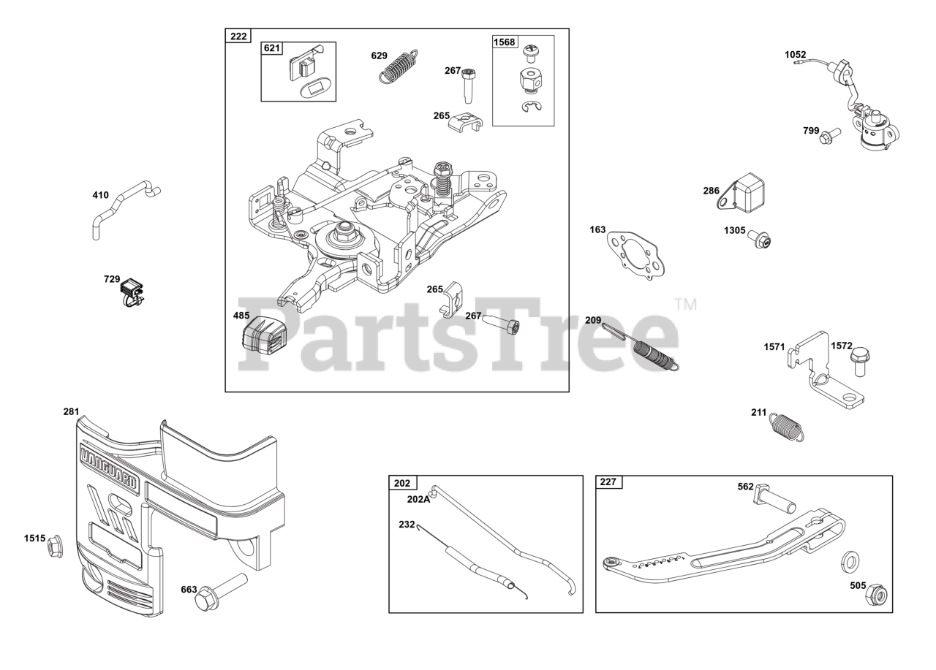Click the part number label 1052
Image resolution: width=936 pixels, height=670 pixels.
click(795, 55)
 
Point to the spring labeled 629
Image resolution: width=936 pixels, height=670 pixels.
click(399, 66)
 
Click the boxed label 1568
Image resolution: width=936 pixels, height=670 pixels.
click(505, 42)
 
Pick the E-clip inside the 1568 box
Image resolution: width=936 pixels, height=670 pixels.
click(532, 107)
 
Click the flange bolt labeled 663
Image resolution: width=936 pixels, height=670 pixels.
click(221, 593)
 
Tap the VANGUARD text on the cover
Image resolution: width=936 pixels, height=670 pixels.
click(109, 468)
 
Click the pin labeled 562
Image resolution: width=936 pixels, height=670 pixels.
click(774, 499)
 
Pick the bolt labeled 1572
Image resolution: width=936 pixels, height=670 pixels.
click(860, 362)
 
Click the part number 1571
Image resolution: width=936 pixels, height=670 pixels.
click(774, 347)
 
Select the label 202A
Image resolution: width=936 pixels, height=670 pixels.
click(418, 499)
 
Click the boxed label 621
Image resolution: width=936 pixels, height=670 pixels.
click(271, 48)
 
